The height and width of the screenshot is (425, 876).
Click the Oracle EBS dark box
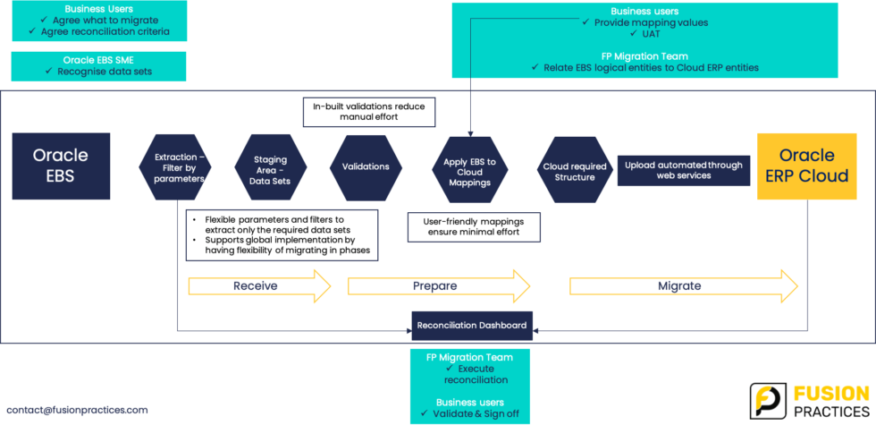61,166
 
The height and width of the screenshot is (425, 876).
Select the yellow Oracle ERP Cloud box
806,166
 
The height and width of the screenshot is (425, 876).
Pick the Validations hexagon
366,166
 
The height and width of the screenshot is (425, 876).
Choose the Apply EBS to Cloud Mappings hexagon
469,171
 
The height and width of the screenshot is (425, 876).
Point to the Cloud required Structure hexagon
575,171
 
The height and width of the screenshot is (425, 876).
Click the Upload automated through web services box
682,170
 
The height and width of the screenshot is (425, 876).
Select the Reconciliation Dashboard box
472,326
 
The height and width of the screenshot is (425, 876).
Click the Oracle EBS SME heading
97,59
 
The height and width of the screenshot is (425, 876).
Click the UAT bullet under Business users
651,33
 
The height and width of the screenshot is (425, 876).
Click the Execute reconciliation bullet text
476,374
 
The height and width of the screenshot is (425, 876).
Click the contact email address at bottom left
77,410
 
